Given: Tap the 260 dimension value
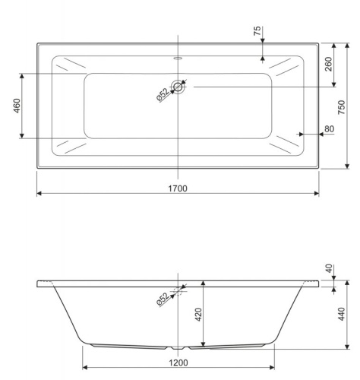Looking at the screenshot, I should click(x=329, y=63).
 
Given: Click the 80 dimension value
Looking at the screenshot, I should click(x=329, y=129).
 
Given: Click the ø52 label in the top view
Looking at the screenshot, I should click(x=163, y=95).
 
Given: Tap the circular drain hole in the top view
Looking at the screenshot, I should click(x=178, y=87).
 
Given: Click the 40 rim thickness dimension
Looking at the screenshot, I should click(x=329, y=268).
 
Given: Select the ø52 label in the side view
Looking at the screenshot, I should click(x=163, y=298).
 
